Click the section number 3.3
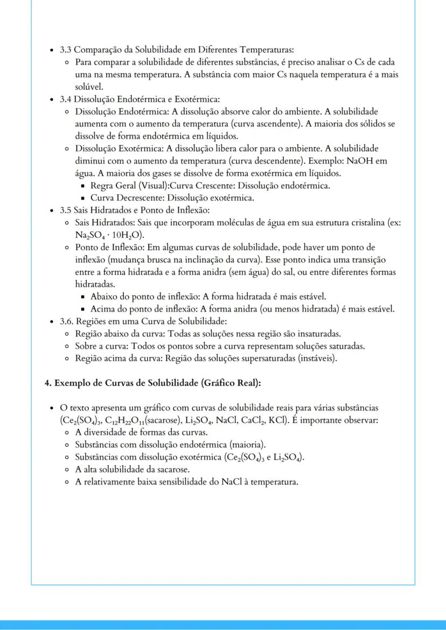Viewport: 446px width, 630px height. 66,50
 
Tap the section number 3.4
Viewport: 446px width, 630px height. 66,99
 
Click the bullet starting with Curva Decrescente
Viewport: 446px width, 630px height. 172,198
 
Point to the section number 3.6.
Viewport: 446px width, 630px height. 66,321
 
